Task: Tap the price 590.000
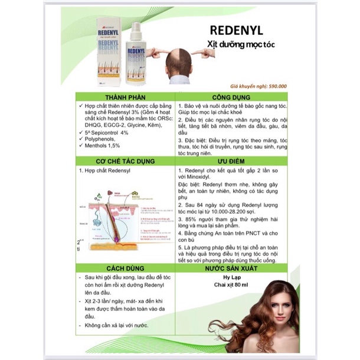pyautogui.click(x=290, y=86)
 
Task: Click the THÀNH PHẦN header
pyautogui.click(x=125, y=96)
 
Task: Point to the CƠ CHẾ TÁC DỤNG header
pyautogui.click(x=125, y=161)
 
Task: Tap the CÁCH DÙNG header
pyautogui.click(x=125, y=267)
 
